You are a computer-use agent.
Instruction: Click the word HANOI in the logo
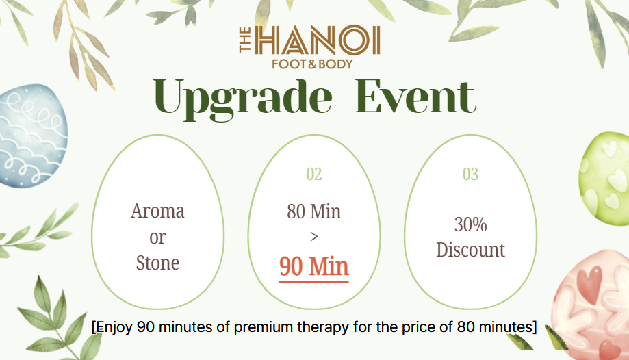[x=318, y=40]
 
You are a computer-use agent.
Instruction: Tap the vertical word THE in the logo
[x=245, y=40]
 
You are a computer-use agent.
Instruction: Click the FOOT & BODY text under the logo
[x=312, y=64]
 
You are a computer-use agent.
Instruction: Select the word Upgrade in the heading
[x=243, y=98]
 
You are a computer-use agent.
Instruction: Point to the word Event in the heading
[x=415, y=97]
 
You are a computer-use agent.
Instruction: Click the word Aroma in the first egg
[x=157, y=211]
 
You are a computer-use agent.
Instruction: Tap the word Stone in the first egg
[x=157, y=263]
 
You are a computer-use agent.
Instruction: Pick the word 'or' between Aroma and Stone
[x=157, y=237]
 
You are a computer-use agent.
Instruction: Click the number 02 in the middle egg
[x=313, y=174]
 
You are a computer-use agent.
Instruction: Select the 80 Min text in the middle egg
[x=313, y=211]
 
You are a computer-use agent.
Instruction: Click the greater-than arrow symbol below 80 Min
[x=314, y=237]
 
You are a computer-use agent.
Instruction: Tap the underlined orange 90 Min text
[x=313, y=266]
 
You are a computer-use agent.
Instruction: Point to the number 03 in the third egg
[x=470, y=174]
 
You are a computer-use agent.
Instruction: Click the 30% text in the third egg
[x=470, y=224]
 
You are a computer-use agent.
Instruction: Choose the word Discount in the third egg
[x=470, y=250]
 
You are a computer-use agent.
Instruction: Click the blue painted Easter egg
[x=31, y=136]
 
